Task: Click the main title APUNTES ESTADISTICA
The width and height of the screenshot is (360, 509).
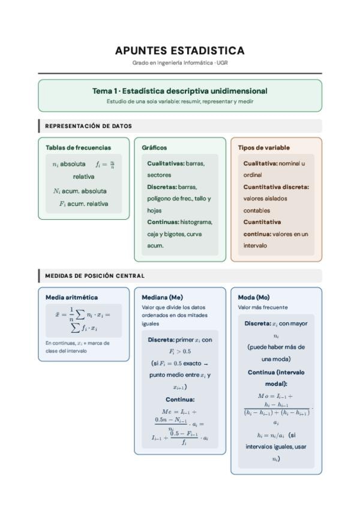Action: (x=179, y=50)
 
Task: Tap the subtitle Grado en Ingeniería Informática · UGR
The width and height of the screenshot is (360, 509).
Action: (x=179, y=63)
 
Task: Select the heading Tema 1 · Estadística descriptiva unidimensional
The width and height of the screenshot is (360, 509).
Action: (x=179, y=91)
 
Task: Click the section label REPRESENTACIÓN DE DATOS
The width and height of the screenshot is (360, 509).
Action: (x=88, y=126)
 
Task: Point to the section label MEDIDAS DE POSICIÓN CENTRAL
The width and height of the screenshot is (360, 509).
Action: (x=95, y=276)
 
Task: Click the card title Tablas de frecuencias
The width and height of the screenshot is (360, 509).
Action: (x=78, y=147)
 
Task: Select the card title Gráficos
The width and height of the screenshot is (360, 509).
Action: (x=154, y=147)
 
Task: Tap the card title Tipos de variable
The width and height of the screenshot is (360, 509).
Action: (x=263, y=147)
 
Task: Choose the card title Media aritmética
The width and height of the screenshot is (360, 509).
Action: (x=71, y=297)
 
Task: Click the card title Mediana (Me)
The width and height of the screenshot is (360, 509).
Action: (x=162, y=297)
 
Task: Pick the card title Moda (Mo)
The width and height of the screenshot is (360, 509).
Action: (x=254, y=297)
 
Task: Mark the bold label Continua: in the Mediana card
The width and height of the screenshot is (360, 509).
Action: (x=180, y=399)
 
